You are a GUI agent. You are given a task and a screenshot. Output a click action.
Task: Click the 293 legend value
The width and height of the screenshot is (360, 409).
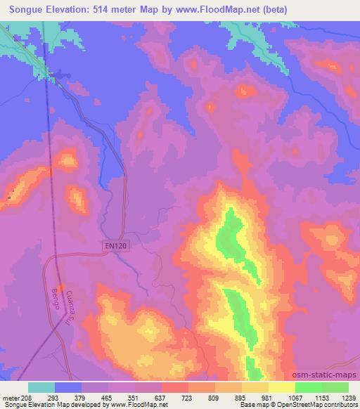point(53,398)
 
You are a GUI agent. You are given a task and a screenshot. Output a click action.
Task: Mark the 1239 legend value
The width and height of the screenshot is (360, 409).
point(349,398)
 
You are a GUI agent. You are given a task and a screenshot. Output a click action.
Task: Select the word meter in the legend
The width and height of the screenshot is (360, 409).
point(12,398)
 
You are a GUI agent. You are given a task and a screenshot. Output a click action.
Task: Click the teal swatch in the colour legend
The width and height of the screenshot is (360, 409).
point(41,387)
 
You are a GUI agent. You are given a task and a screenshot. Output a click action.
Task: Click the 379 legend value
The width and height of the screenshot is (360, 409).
point(80,398)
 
